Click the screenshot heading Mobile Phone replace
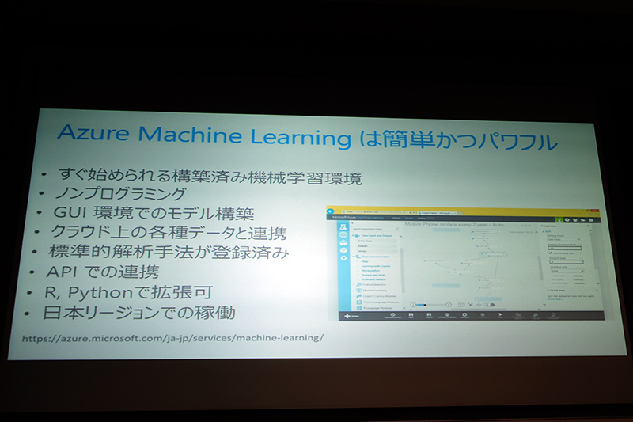click(454, 224)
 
